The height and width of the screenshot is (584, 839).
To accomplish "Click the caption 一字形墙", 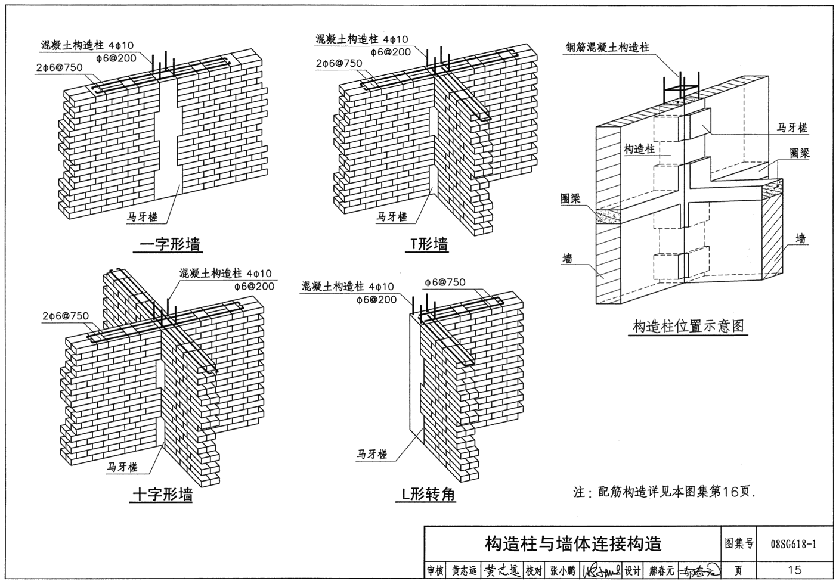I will pyautogui.click(x=170, y=244).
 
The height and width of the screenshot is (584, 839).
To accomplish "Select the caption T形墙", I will pyautogui.click(x=429, y=244).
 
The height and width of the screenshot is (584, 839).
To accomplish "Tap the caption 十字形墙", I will pyautogui.click(x=162, y=495).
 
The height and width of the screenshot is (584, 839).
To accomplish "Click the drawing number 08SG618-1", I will pyautogui.click(x=794, y=543).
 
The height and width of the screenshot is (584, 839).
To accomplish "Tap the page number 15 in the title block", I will pyautogui.click(x=794, y=571).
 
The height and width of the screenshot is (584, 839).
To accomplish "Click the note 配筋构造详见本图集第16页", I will pyautogui.click(x=664, y=492).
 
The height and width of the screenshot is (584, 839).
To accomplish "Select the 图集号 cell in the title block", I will pyautogui.click(x=739, y=543).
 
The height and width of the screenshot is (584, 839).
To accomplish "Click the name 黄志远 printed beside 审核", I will pyautogui.click(x=464, y=571).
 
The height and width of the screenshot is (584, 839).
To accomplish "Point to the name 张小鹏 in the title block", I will pyautogui.click(x=562, y=571).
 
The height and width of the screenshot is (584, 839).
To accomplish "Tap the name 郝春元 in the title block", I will pyautogui.click(x=661, y=571).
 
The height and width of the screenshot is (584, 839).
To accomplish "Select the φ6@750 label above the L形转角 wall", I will pyautogui.click(x=445, y=282).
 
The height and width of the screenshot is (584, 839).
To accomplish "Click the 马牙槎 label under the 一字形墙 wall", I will pyautogui.click(x=142, y=217).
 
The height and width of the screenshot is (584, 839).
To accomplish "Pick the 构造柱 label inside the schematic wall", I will pyautogui.click(x=639, y=149).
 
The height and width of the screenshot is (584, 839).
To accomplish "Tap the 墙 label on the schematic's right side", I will pyautogui.click(x=801, y=238).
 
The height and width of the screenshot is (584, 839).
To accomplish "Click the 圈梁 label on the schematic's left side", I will pyautogui.click(x=571, y=198).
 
